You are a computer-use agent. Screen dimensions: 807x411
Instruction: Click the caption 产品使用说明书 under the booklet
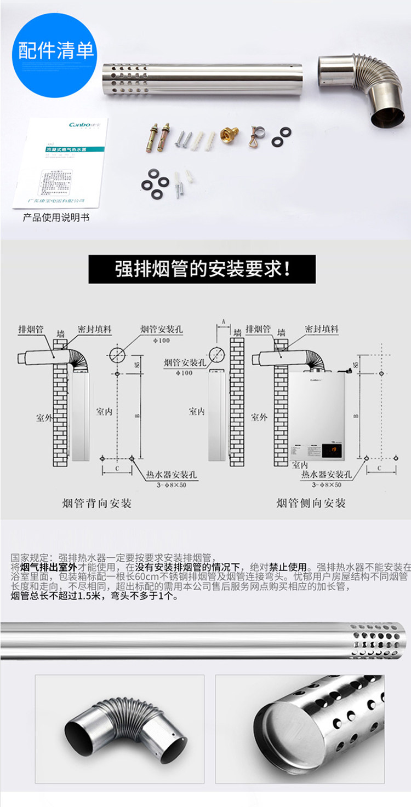[x=56, y=218]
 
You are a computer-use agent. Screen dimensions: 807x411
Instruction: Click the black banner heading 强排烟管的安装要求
[x=202, y=269]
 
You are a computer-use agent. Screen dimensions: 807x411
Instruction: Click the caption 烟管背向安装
[x=97, y=503]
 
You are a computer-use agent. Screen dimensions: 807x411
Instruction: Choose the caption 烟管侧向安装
[x=311, y=503]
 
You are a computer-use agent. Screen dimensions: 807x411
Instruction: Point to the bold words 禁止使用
[x=287, y=566]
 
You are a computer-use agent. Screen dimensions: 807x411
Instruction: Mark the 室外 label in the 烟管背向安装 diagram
[x=44, y=418]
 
